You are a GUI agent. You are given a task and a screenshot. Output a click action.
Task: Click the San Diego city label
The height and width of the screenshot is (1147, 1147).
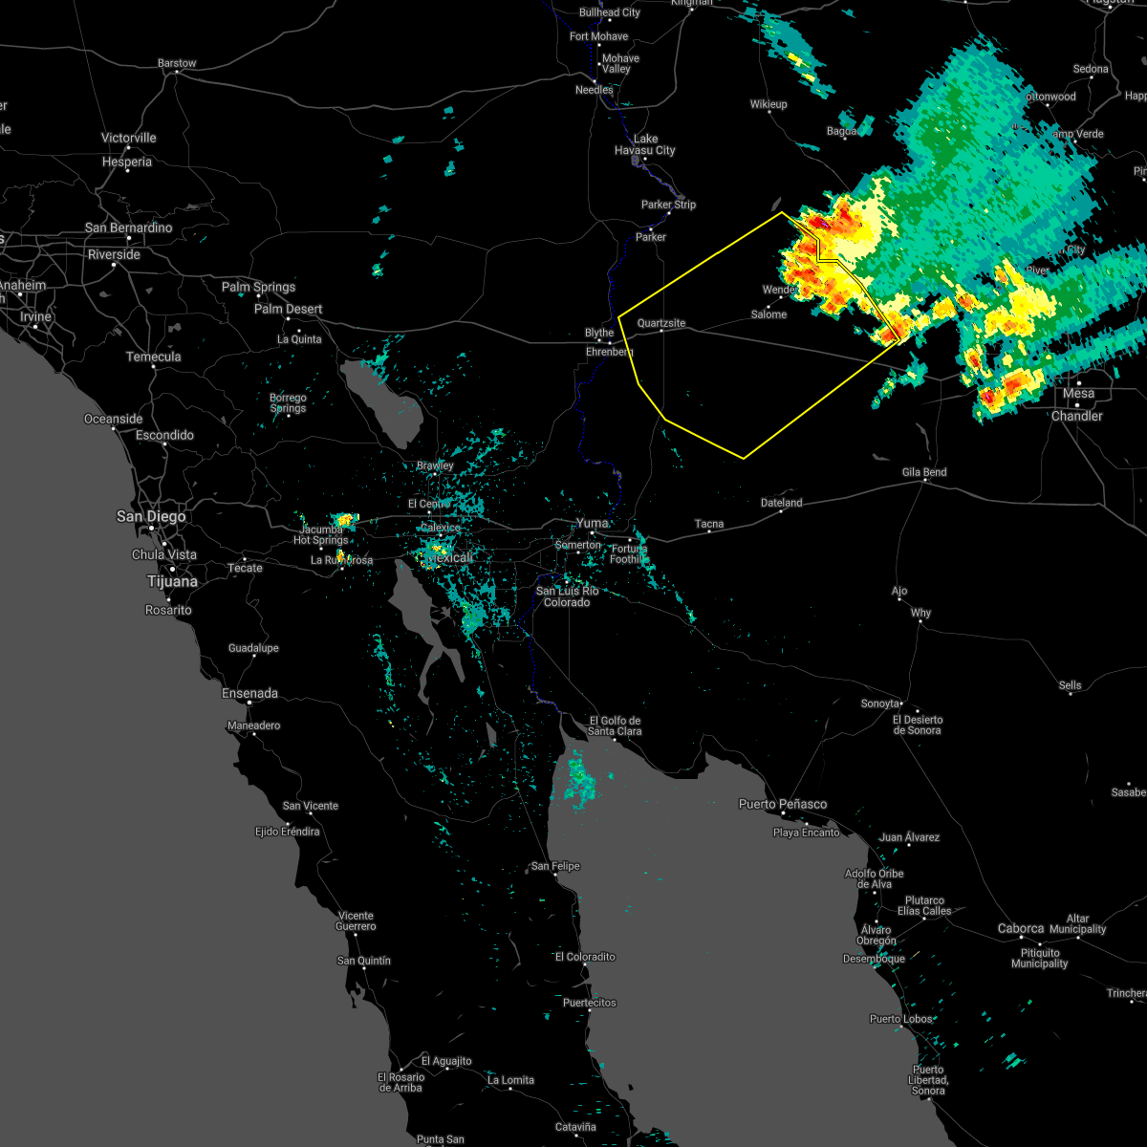pyautogui.click(x=151, y=516)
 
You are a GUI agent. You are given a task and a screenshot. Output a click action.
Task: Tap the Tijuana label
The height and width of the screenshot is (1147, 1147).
pyautogui.click(x=172, y=581)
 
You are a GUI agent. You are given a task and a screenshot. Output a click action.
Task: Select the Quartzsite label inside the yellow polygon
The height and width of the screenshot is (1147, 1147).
pyautogui.click(x=661, y=323)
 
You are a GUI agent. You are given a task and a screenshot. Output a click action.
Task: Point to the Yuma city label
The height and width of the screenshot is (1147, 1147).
pyautogui.click(x=592, y=524)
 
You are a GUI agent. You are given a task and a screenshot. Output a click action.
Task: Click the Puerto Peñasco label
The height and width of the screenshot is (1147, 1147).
pyautogui.click(x=783, y=804)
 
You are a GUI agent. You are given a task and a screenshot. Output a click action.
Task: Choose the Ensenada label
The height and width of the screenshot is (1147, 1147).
pyautogui.click(x=249, y=693)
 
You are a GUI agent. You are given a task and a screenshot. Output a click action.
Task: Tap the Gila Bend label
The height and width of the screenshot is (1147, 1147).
pyautogui.click(x=923, y=472)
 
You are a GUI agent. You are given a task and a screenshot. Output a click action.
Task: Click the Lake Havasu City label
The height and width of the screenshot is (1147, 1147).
pyautogui.click(x=645, y=144)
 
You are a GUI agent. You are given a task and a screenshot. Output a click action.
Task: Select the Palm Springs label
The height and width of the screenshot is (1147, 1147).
pyautogui.click(x=258, y=287)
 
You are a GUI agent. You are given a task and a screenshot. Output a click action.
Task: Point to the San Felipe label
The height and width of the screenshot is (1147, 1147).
pyautogui.click(x=555, y=866)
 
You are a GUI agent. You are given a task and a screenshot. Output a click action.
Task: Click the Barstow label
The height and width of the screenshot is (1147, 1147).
pyautogui.click(x=176, y=63)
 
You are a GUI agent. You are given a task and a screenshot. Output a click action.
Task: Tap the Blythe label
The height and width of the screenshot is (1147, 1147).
pyautogui.click(x=599, y=333)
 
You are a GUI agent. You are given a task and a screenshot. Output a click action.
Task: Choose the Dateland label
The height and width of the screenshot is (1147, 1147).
pyautogui.click(x=781, y=503)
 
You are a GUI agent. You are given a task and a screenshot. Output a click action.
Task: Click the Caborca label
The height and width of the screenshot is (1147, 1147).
pyautogui.click(x=1021, y=928)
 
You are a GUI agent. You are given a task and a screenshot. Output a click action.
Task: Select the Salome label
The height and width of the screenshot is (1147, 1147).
pyautogui.click(x=768, y=314)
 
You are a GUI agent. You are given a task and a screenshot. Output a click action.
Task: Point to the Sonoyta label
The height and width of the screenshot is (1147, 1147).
pyautogui.click(x=880, y=703)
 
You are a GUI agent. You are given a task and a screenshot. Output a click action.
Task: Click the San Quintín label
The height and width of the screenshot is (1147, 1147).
pyautogui.click(x=364, y=961)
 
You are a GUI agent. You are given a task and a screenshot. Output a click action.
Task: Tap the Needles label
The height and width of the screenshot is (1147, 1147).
pyautogui.click(x=594, y=90)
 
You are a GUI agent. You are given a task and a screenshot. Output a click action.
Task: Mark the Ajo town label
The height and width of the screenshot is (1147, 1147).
pyautogui.click(x=899, y=591)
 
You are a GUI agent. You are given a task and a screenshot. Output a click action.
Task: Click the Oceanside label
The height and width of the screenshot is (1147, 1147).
pyautogui.click(x=114, y=419)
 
